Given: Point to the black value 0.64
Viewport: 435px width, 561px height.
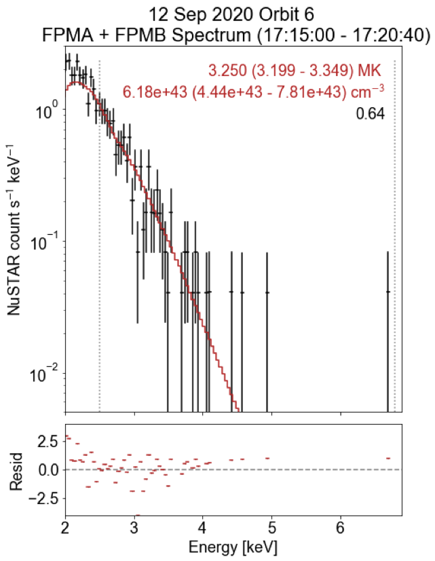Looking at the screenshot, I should coord(371,114).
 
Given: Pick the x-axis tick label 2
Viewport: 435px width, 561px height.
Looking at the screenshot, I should coord(65,527).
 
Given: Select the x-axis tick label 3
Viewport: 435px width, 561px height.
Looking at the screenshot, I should coord(134,527).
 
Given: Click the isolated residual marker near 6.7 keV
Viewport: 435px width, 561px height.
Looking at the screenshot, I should coord(387,459).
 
